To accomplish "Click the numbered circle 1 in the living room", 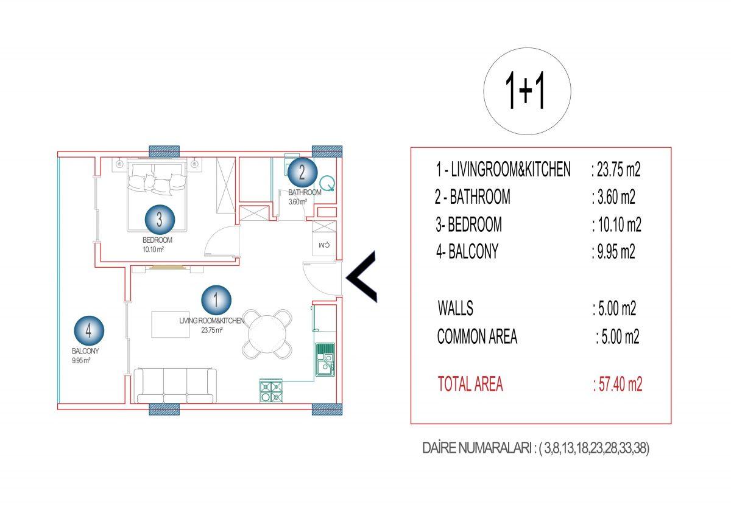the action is pyautogui.click(x=216, y=300).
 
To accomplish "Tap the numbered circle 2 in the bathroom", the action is pyautogui.click(x=302, y=172).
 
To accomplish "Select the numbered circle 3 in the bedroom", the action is pyautogui.click(x=160, y=220).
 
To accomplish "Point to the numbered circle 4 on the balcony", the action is pyautogui.click(x=89, y=330).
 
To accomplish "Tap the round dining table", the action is pyautogui.click(x=267, y=334).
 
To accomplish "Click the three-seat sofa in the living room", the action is pyautogui.click(x=175, y=386).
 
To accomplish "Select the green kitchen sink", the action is pyautogui.click(x=325, y=359).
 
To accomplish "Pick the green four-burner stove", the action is pyautogui.click(x=271, y=391).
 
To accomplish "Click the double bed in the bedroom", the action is pyautogui.click(x=157, y=195).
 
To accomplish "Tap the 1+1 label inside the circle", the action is pyautogui.click(x=525, y=90).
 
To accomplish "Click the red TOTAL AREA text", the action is pyautogui.click(x=470, y=384).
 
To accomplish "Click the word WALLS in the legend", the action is pyautogui.click(x=455, y=308).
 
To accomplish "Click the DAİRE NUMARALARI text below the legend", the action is pyautogui.click(x=478, y=448).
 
